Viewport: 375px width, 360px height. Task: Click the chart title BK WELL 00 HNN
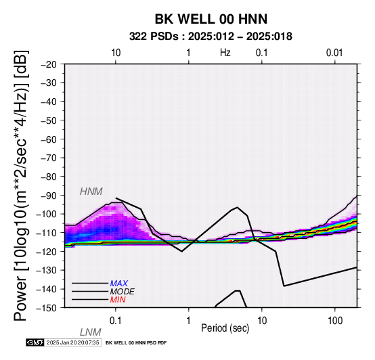[x=211, y=19]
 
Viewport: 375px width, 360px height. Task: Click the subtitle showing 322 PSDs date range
[x=211, y=37]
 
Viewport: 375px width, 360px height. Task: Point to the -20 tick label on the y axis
[x=49, y=64]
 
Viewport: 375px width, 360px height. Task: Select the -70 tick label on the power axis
[x=49, y=158]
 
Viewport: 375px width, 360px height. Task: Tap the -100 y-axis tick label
[x=47, y=214]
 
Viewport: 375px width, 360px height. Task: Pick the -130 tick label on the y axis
[x=47, y=270]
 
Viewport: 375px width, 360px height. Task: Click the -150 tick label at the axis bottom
[x=47, y=308]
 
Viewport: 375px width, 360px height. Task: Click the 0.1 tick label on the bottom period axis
[x=116, y=321]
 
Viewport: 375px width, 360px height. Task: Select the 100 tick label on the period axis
[x=335, y=321]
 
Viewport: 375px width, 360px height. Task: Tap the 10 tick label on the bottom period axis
[x=262, y=321]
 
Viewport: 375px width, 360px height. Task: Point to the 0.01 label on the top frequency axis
[x=334, y=53]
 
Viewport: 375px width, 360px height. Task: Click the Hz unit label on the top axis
[x=225, y=53]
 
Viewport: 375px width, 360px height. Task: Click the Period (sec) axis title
[x=225, y=328]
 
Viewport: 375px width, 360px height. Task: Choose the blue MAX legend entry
[x=118, y=284]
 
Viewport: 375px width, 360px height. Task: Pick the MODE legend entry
[x=122, y=292]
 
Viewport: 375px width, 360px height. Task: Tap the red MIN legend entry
[x=118, y=300]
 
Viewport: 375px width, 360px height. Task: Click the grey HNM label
[x=91, y=192]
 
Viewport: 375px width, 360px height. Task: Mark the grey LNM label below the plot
[x=91, y=332]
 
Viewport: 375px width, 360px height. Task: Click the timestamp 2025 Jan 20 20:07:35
[x=72, y=343]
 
